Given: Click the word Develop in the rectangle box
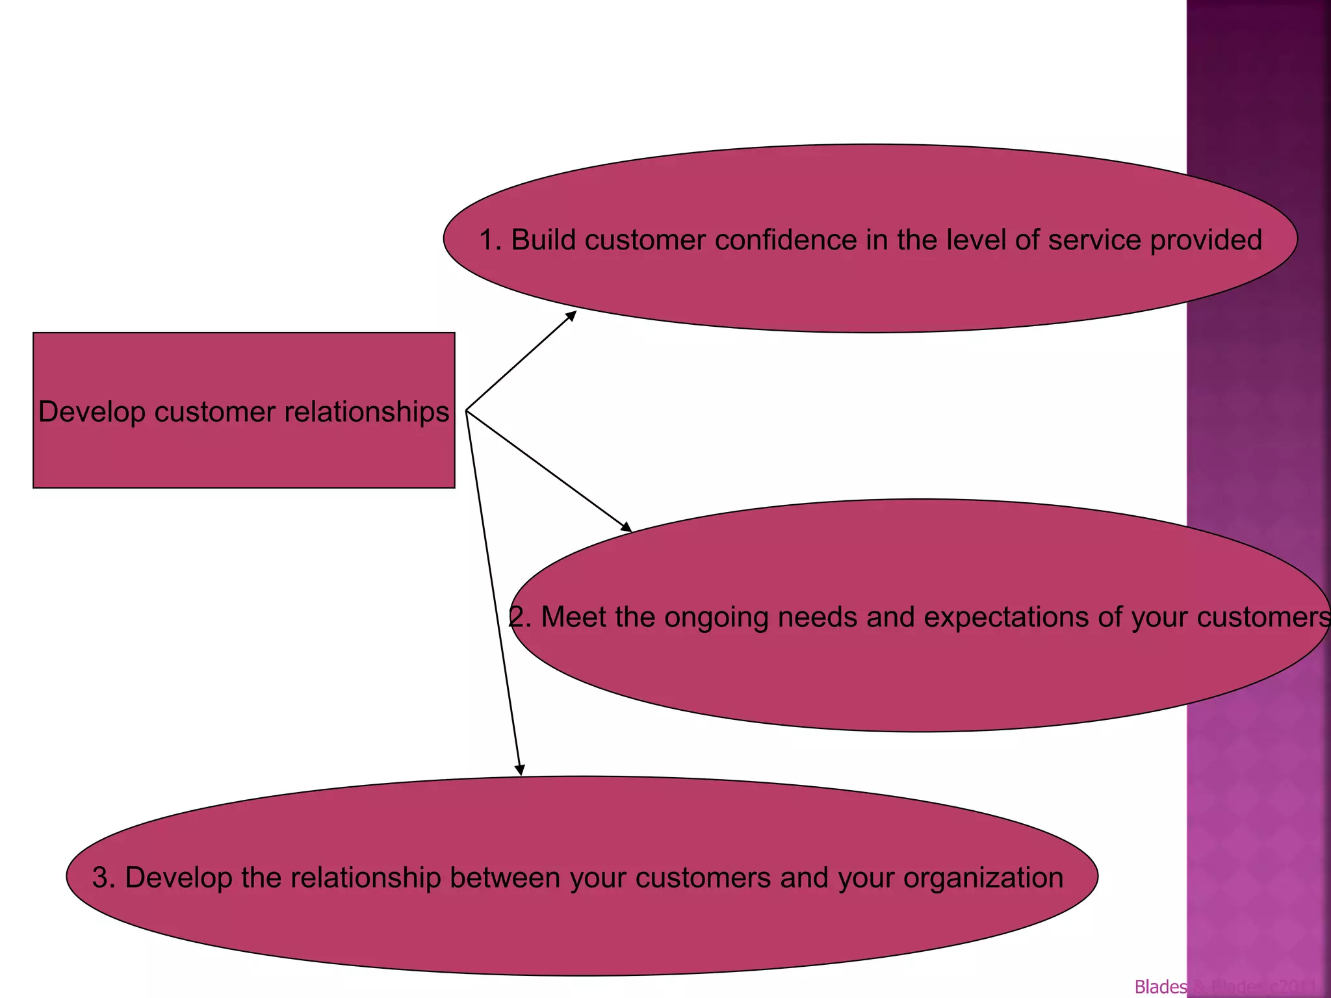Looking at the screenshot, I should point(92,412).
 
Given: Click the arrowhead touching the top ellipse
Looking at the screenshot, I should point(571,315).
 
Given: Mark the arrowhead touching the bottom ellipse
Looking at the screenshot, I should point(520,770).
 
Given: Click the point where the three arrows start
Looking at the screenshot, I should point(467,411).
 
